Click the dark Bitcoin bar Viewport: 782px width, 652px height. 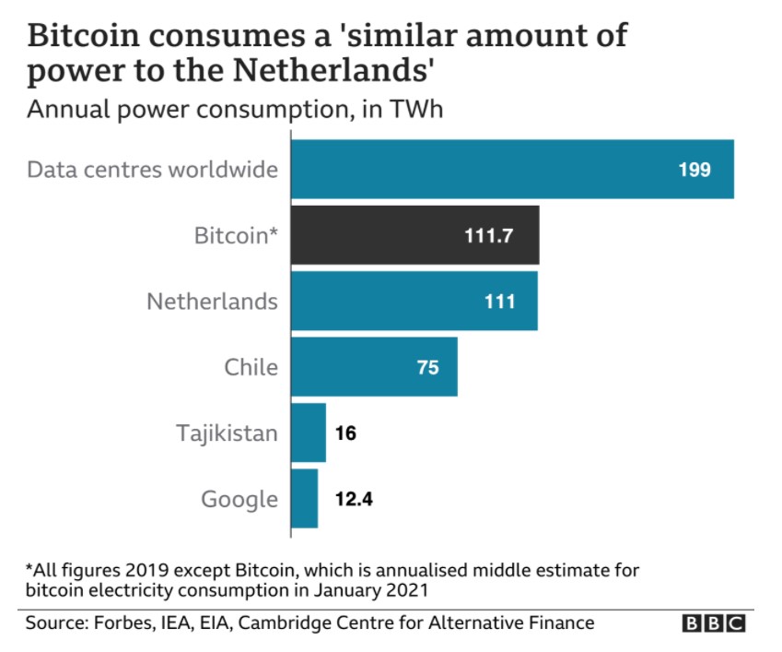coord(414,235)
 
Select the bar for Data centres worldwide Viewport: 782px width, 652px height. coord(512,170)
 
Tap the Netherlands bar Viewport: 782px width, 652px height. coord(414,301)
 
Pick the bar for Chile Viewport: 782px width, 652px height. coord(374,366)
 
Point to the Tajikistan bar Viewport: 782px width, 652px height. coord(309,432)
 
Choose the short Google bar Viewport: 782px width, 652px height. coord(305,498)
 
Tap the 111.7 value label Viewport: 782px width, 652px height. coord(488,235)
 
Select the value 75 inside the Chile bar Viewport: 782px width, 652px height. coord(428,366)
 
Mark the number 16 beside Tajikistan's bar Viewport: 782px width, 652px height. coord(345,432)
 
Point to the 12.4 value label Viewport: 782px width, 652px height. coord(353,498)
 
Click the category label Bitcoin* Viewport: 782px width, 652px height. coord(236,235)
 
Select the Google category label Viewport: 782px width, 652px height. coord(239,499)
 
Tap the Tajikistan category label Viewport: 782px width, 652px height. coord(227,433)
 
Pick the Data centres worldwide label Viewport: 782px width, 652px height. coord(152,170)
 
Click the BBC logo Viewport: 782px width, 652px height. coord(713,624)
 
